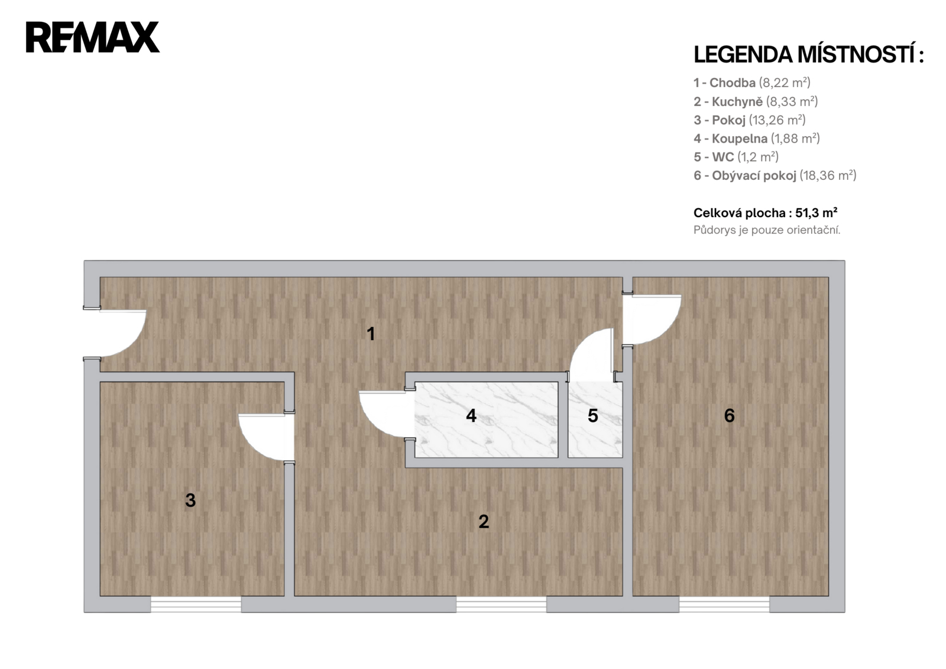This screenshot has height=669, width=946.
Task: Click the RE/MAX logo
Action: click(x=93, y=37)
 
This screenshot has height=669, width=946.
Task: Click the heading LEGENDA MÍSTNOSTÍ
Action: click(x=808, y=54)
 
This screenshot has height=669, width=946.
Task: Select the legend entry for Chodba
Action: click(x=751, y=83)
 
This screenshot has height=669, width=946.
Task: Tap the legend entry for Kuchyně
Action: click(x=756, y=101)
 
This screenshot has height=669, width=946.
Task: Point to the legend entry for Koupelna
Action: click(x=756, y=138)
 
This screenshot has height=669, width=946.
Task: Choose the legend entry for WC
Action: click(x=736, y=157)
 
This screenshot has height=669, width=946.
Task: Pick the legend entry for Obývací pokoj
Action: click(x=775, y=175)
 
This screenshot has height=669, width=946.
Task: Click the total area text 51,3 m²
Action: click(x=765, y=213)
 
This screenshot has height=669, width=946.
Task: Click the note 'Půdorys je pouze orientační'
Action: click(x=766, y=230)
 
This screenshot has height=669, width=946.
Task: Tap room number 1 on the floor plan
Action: click(x=371, y=334)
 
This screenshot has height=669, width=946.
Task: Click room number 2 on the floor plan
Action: click(x=484, y=522)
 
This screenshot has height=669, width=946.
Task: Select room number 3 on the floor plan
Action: click(x=190, y=500)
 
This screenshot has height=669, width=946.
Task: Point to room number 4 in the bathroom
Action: click(x=471, y=416)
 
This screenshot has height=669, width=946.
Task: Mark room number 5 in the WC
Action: click(x=592, y=416)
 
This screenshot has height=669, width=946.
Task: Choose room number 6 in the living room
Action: click(x=729, y=416)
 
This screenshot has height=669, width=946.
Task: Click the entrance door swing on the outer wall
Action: click(x=121, y=334)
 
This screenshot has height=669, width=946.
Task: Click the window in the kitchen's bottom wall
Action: click(x=501, y=604)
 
